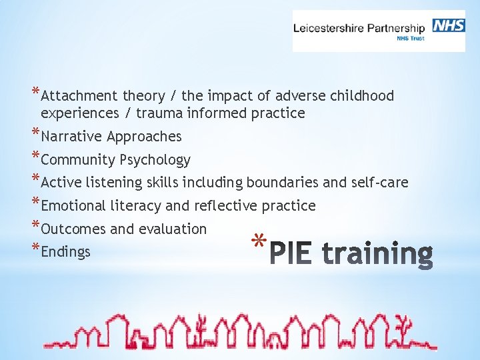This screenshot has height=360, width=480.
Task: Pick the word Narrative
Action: [x=71, y=137]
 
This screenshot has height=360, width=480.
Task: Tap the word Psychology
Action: [x=155, y=160]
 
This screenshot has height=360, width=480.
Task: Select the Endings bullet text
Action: [x=65, y=252]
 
